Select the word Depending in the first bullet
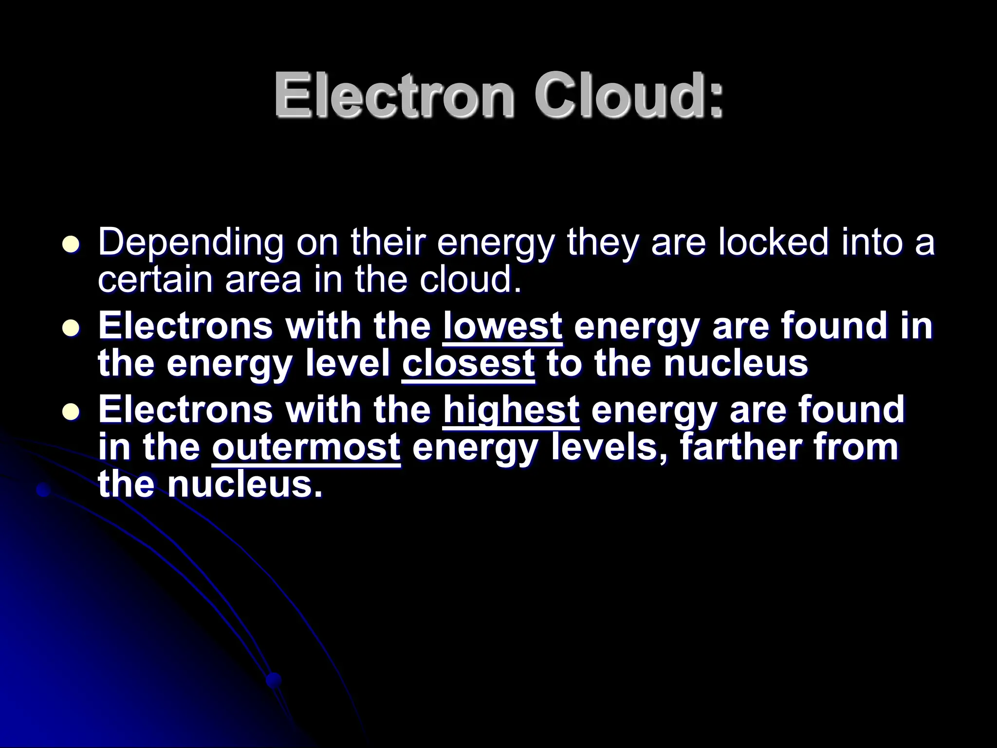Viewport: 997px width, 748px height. (190, 243)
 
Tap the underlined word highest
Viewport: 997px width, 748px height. (511, 410)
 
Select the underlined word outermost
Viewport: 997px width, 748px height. (306, 447)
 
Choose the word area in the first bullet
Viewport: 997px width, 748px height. (263, 280)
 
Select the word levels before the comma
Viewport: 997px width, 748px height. (611, 447)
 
